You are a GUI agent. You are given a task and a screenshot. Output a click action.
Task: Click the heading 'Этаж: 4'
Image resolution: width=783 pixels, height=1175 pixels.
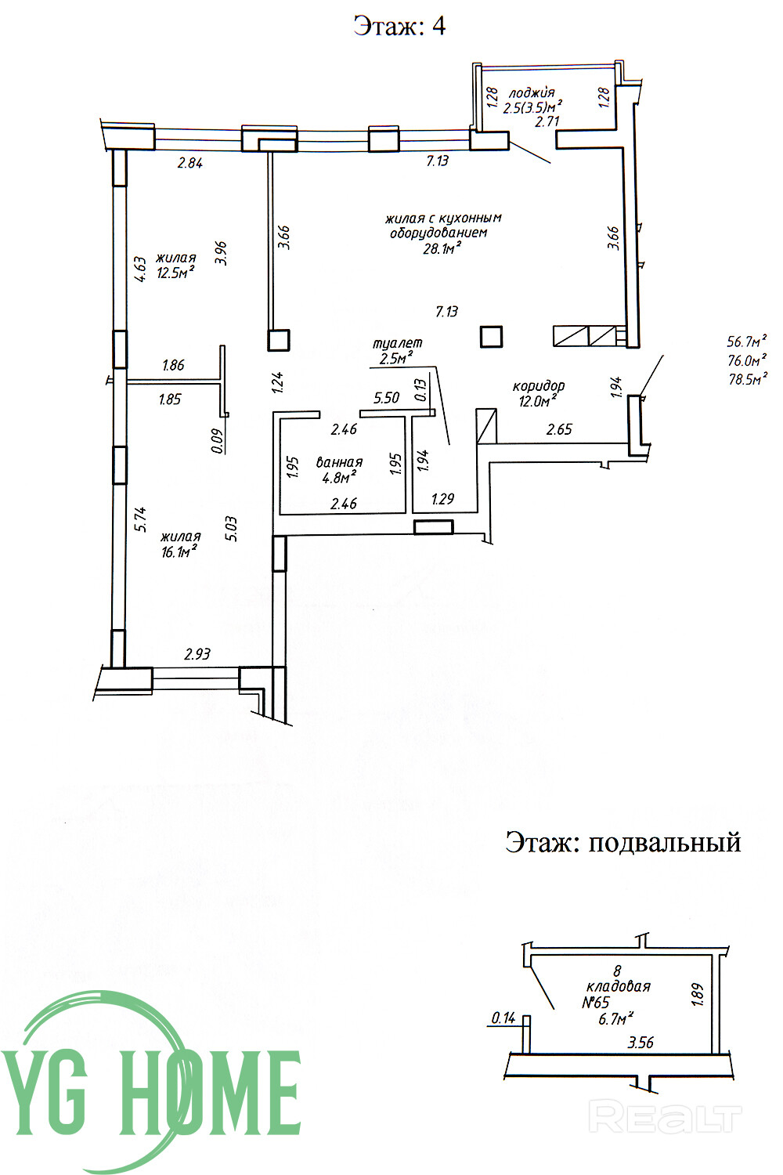(x=399, y=26)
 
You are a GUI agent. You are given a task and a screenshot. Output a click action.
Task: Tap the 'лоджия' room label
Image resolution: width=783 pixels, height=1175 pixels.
(x=532, y=92)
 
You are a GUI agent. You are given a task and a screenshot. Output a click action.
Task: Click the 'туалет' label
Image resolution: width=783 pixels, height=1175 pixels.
(x=397, y=343)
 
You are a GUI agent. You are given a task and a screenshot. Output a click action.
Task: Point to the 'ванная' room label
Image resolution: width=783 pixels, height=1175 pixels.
(x=339, y=462)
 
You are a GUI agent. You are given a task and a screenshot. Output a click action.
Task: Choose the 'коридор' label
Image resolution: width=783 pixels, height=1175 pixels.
(x=538, y=385)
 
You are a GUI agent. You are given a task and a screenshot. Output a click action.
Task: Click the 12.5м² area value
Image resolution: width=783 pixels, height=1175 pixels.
(x=175, y=273)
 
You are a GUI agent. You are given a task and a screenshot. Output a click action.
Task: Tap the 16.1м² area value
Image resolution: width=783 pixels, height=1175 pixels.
(x=179, y=551)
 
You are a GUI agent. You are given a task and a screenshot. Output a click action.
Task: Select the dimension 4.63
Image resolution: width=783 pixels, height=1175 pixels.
(x=140, y=269)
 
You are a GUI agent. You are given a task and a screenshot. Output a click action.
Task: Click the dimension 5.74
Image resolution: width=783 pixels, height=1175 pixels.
(x=140, y=519)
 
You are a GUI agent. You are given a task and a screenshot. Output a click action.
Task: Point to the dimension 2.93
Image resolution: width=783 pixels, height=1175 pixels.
(x=197, y=653)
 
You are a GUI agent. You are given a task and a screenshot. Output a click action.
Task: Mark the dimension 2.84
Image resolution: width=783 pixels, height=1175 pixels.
(x=189, y=164)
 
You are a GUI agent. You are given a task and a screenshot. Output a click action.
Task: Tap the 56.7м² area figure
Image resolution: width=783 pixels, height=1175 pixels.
(x=746, y=342)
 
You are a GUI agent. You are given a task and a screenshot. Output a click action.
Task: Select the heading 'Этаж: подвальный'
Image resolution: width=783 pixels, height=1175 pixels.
(x=622, y=842)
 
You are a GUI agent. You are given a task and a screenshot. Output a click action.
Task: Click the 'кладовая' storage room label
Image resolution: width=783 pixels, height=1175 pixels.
(x=618, y=986)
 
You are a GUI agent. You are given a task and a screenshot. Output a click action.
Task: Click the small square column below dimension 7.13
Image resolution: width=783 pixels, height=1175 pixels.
(x=491, y=337)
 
